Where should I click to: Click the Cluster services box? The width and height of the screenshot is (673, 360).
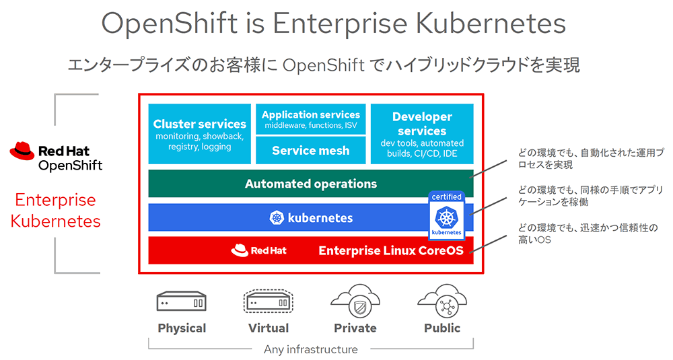click(x=199, y=133)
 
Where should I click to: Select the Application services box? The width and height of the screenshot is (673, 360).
click(x=310, y=119)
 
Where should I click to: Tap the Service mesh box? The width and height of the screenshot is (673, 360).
click(x=310, y=151)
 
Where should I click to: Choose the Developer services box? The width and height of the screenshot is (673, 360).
click(x=422, y=133)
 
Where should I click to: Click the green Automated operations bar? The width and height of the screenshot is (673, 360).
click(x=310, y=184)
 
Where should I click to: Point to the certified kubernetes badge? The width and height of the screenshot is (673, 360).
click(x=447, y=215)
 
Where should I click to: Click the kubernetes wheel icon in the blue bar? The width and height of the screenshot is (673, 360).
click(x=277, y=218)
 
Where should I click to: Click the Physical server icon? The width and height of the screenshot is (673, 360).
click(x=181, y=301)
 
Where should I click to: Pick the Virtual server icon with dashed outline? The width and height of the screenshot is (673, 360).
click(x=268, y=301)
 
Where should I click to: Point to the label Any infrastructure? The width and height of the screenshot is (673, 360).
click(x=310, y=349)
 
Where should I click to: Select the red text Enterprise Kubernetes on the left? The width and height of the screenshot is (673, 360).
click(x=56, y=210)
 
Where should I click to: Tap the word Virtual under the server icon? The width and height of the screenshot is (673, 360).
click(x=268, y=328)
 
